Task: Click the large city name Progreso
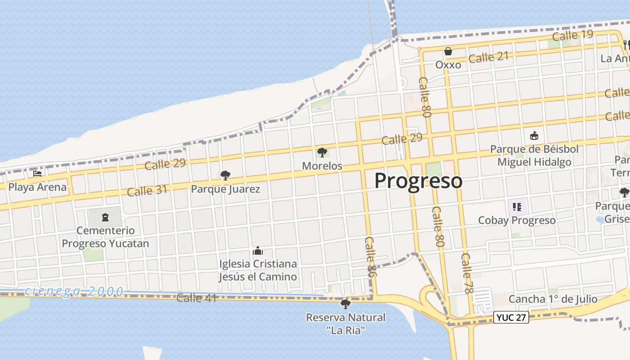pyautogui.click(x=418, y=181)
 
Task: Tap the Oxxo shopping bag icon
pyautogui.click(x=448, y=52)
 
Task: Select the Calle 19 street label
pyautogui.click(x=572, y=35)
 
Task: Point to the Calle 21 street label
pyautogui.click(x=488, y=57)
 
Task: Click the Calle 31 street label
pyautogui.click(x=147, y=191)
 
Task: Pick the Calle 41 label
pyautogui.click(x=197, y=298)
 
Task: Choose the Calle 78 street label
pyautogui.click(x=467, y=273)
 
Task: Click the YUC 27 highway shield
pyautogui.click(x=511, y=317)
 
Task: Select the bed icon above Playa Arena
pyautogui.click(x=37, y=173)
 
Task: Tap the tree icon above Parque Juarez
pyautogui.click(x=225, y=175)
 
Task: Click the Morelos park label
pyautogui.click(x=322, y=166)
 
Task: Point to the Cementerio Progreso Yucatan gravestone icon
pyautogui.click(x=105, y=218)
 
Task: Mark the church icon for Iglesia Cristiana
pyautogui.click(x=258, y=250)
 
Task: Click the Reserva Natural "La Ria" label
pyautogui.click(x=346, y=324)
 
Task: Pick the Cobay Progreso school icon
pyautogui.click(x=517, y=207)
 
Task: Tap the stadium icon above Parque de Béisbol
pyautogui.click(x=534, y=135)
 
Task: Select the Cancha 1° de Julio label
pyautogui.click(x=553, y=299)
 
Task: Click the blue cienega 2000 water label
pyautogui.click(x=74, y=291)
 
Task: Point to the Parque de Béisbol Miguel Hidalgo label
pyautogui.click(x=534, y=155)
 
